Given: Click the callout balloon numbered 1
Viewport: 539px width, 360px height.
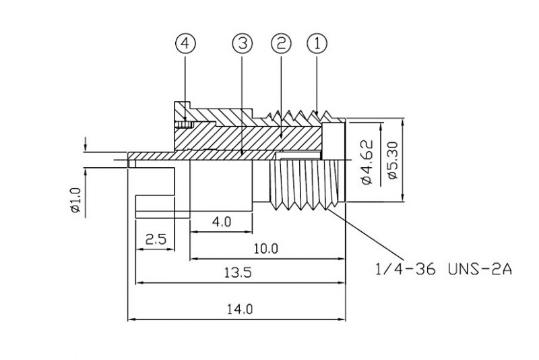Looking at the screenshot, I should click(317, 44).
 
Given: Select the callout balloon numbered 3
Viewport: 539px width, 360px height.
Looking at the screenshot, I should click(242, 44).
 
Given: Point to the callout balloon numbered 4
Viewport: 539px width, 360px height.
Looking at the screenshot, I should click(186, 44).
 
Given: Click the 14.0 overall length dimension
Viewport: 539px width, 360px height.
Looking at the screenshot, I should click(239, 309).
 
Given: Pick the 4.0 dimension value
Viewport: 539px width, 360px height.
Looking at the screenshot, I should click(222, 221).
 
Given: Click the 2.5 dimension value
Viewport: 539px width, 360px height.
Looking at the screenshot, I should click(156, 239).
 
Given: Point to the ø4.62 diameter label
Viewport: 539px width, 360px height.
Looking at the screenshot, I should click(367, 162).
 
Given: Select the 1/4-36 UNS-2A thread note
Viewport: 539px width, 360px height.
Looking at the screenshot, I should click(443, 270).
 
